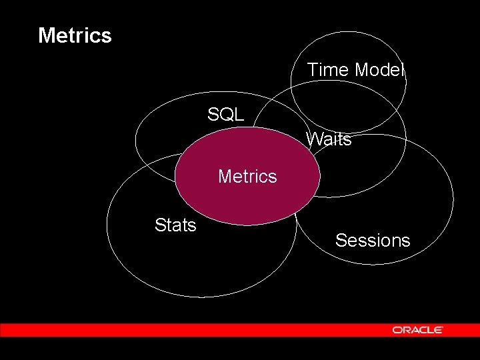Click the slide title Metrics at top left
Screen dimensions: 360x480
pyautogui.click(x=75, y=35)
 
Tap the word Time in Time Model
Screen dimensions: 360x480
pyautogui.click(x=329, y=70)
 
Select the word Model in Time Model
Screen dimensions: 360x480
pyautogui.click(x=380, y=70)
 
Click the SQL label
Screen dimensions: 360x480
pyautogui.click(x=225, y=115)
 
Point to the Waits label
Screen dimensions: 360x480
pyautogui.click(x=329, y=139)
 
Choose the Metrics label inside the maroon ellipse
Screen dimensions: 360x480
pyautogui.click(x=247, y=177)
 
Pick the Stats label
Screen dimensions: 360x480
pyautogui.click(x=175, y=225)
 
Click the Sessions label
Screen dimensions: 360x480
pyautogui.click(x=373, y=241)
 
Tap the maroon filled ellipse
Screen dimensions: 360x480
pyautogui.click(x=247, y=200)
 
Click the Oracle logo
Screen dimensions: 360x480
pyautogui.click(x=418, y=330)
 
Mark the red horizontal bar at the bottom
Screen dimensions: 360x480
pyautogui.click(x=200, y=330)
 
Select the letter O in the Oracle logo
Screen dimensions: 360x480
pyautogui.click(x=397, y=330)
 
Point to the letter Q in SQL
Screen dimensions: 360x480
pyautogui.click(x=225, y=115)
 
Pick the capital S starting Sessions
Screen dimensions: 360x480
pyautogui.click(x=341, y=241)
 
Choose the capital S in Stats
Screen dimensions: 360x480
pyautogui.click(x=160, y=225)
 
